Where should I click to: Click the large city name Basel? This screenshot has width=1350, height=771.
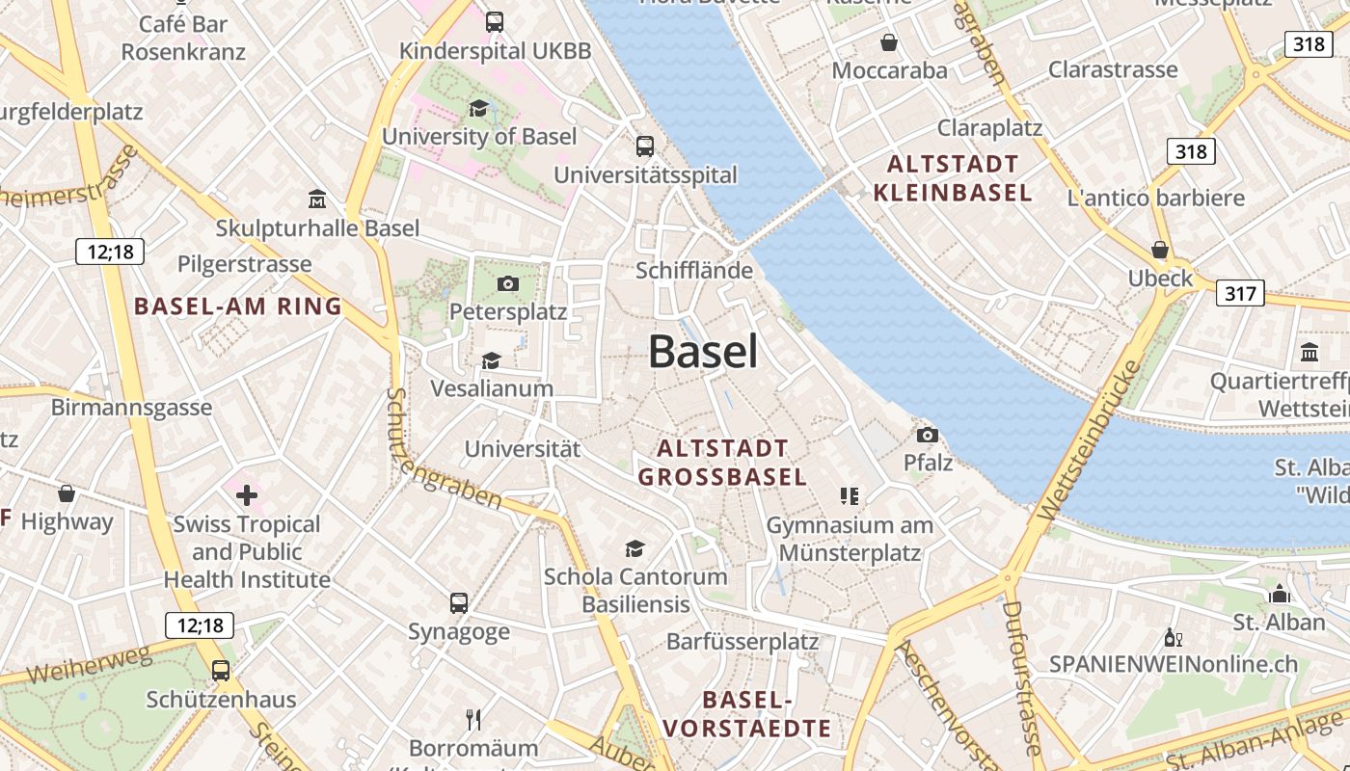click(x=703, y=352)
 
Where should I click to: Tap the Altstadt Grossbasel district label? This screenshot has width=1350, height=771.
click(x=722, y=463)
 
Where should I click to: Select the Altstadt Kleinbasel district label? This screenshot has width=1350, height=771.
click(x=953, y=178)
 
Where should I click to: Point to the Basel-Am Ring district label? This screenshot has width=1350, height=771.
click(x=238, y=306)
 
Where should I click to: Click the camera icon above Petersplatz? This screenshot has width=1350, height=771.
click(x=508, y=283)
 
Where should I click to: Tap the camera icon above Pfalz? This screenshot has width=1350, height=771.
click(x=928, y=435)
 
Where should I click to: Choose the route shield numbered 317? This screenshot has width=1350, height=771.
click(x=1239, y=293)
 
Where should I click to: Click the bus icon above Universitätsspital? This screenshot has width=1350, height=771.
click(x=645, y=146)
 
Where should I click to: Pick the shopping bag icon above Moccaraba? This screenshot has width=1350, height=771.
click(x=889, y=42)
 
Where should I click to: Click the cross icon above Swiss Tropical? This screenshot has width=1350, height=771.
click(x=247, y=495)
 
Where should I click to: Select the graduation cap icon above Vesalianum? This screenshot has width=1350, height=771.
click(x=492, y=360)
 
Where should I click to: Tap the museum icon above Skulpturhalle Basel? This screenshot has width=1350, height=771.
click(x=317, y=199)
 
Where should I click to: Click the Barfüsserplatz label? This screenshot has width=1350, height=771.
click(x=742, y=641)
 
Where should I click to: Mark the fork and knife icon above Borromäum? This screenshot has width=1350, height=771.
click(x=473, y=719)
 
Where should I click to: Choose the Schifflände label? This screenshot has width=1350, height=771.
click(x=694, y=270)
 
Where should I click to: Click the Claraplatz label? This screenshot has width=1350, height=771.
click(x=990, y=127)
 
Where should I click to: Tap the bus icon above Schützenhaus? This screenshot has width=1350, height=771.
click(x=221, y=670)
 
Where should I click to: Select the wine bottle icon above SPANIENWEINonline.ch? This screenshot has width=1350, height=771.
click(x=1174, y=637)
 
